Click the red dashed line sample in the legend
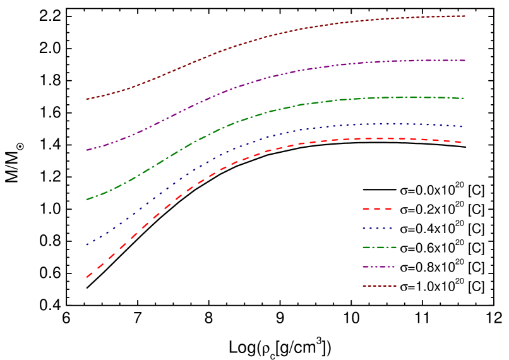(x=378, y=208)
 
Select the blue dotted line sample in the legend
(x=378, y=228)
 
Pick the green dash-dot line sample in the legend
(x=379, y=248)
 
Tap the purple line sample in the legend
(x=379, y=267)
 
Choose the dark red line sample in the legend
(x=379, y=286)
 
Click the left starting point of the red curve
(x=87, y=276)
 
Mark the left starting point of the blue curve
(x=87, y=244)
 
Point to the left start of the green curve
(x=87, y=200)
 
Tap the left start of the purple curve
(x=87, y=150)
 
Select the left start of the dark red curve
(x=87, y=99)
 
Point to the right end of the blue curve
(x=463, y=126)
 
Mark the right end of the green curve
(x=464, y=99)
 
